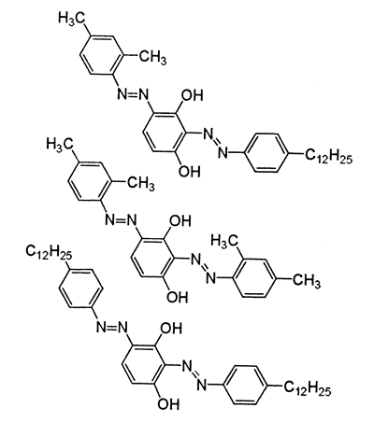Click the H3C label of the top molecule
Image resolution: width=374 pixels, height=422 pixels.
[x=71, y=18]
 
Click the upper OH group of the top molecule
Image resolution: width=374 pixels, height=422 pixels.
[x=192, y=95]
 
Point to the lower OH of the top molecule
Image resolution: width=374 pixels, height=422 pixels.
[x=190, y=171]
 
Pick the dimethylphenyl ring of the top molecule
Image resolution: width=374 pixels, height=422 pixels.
[x=100, y=55]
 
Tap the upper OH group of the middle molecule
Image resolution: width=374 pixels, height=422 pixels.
[x=180, y=221]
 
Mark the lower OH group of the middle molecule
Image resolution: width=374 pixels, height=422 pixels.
[x=178, y=297]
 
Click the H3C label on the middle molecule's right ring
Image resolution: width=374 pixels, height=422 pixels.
[x=224, y=241]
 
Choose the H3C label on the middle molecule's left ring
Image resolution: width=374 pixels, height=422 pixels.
[x=60, y=145]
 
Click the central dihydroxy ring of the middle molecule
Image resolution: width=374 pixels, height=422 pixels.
[x=151, y=258]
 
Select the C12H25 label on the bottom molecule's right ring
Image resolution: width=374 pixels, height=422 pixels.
[x=307, y=387]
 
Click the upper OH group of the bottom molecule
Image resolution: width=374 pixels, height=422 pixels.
[x=170, y=329]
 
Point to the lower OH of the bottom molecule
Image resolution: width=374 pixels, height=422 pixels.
[x=168, y=404]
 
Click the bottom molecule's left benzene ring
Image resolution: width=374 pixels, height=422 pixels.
[x=80, y=288]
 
